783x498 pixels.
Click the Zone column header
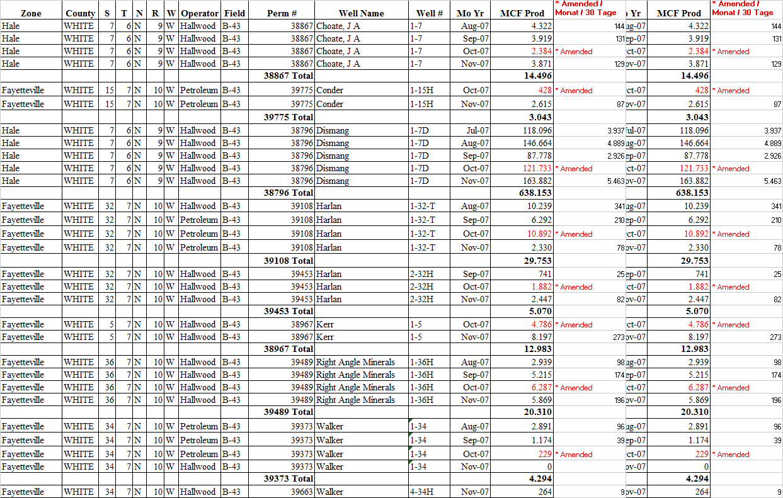(x=31, y=13)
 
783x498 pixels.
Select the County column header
(x=80, y=13)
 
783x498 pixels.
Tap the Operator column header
(x=200, y=13)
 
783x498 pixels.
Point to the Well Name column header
(x=361, y=13)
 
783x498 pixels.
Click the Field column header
(x=234, y=13)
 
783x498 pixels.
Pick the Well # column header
(x=429, y=13)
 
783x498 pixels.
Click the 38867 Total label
(x=288, y=76)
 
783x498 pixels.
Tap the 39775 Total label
(x=288, y=117)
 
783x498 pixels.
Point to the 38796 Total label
(x=288, y=193)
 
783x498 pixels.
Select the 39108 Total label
(x=288, y=261)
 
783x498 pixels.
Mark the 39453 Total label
(x=288, y=311)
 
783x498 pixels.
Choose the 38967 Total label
(x=288, y=349)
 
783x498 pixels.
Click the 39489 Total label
(x=288, y=412)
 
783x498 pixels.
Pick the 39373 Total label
(x=288, y=479)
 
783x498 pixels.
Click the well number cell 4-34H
(x=421, y=492)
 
